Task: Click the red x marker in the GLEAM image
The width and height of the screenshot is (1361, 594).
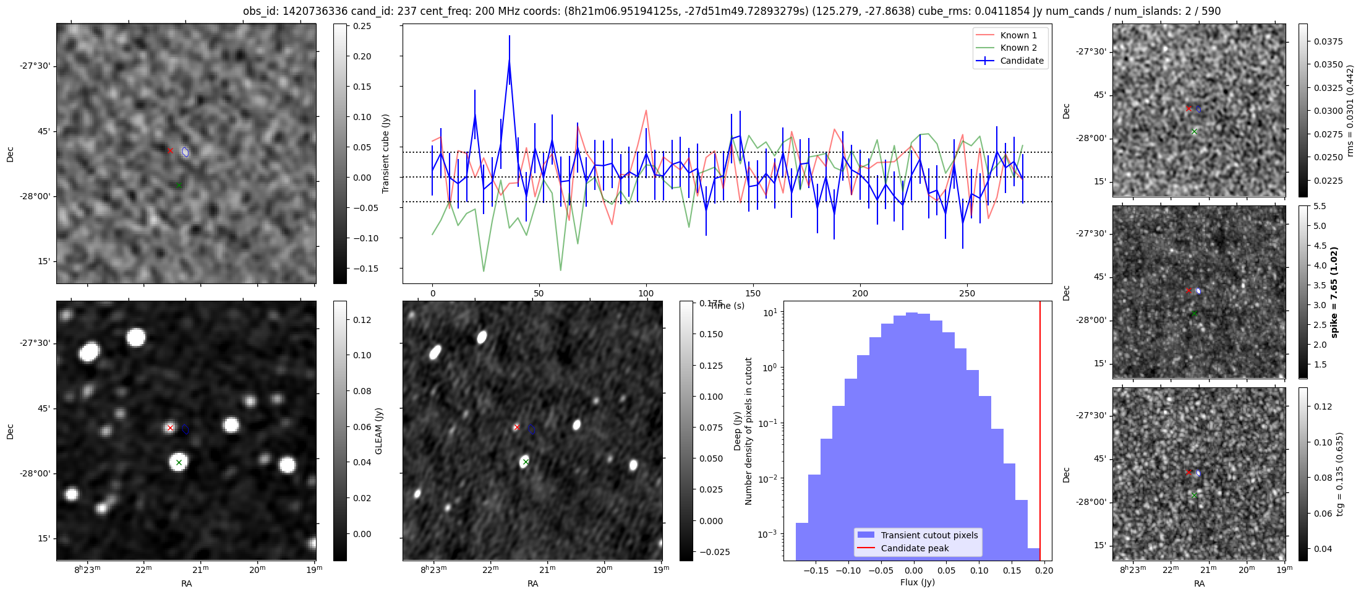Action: [x=170, y=428]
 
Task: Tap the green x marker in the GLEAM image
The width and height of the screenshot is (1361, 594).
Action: [x=179, y=462]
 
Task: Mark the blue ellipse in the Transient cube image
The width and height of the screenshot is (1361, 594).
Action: [x=186, y=152]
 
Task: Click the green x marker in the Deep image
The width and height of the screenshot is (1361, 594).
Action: [x=526, y=462]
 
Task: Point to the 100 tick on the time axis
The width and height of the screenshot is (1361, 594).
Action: [x=646, y=293]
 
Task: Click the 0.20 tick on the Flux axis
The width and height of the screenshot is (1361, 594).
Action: [x=1044, y=570]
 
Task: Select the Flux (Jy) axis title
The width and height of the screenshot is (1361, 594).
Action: [x=917, y=582]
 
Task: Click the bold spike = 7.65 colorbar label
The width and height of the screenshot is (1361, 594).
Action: [x=1334, y=292]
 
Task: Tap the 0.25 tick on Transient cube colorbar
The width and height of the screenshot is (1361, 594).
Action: [x=362, y=26]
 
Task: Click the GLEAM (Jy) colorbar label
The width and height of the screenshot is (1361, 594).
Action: [x=378, y=431]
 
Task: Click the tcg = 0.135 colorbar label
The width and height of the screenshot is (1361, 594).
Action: [x=1339, y=474]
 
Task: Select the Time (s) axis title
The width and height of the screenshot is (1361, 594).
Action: [x=727, y=306]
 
